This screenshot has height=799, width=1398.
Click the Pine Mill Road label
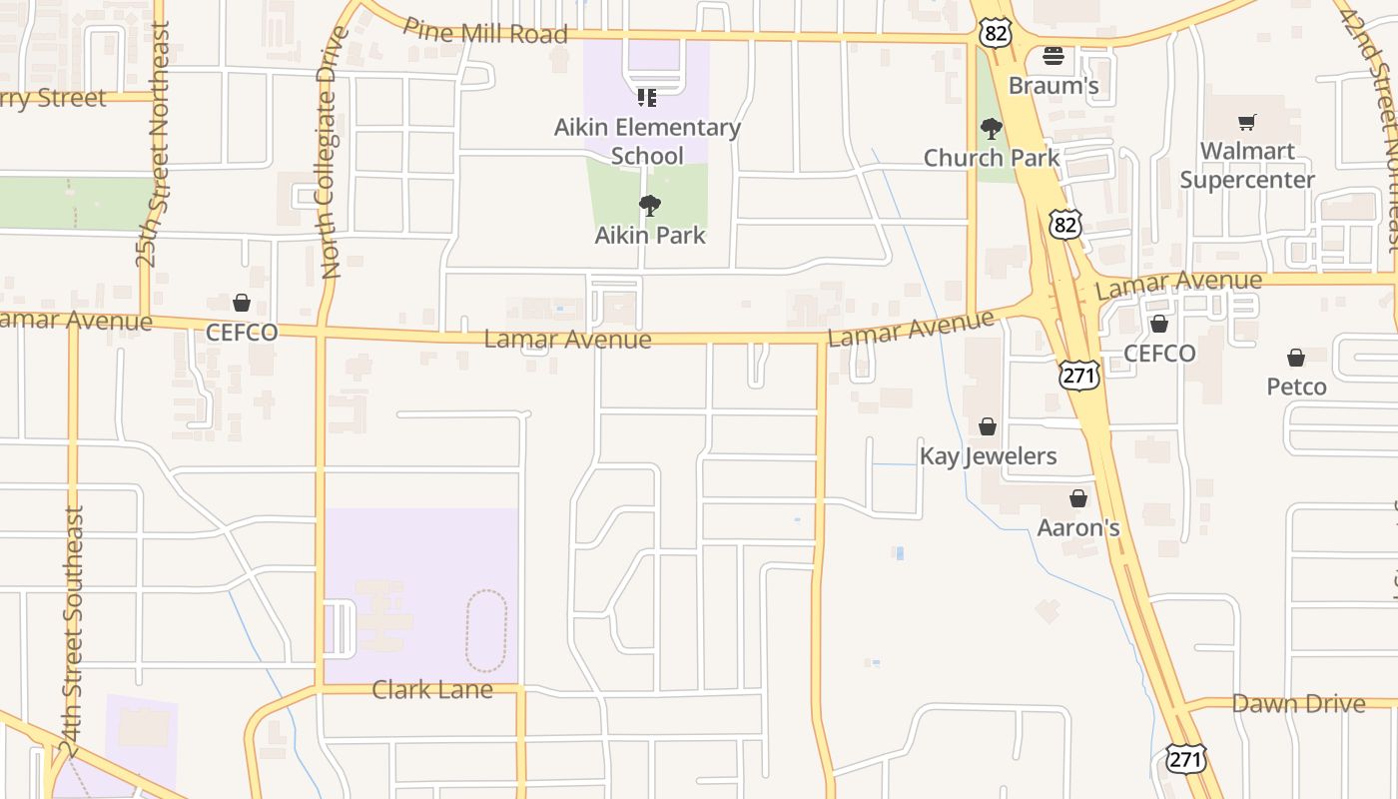click(484, 31)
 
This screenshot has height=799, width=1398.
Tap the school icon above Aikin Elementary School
click(647, 98)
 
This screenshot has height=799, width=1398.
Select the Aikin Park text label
click(650, 236)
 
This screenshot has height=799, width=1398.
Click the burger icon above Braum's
click(1053, 55)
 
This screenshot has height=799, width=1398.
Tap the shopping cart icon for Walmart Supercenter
click(1246, 122)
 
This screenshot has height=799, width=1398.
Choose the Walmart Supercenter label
click(1247, 166)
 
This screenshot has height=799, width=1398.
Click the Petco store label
click(1296, 387)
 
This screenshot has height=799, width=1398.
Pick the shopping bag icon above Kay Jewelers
click(988, 426)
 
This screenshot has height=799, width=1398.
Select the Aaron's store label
click(1078, 527)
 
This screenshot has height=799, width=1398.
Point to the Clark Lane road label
click(432, 689)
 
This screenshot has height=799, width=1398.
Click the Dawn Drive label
click(1298, 703)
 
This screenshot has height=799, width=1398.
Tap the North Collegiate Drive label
click(333, 152)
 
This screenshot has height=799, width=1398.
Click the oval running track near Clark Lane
click(486, 630)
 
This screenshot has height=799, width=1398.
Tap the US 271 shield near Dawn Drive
click(1185, 758)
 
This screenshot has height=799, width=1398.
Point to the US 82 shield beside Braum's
click(996, 33)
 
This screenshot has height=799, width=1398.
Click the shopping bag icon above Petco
click(1295, 358)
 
